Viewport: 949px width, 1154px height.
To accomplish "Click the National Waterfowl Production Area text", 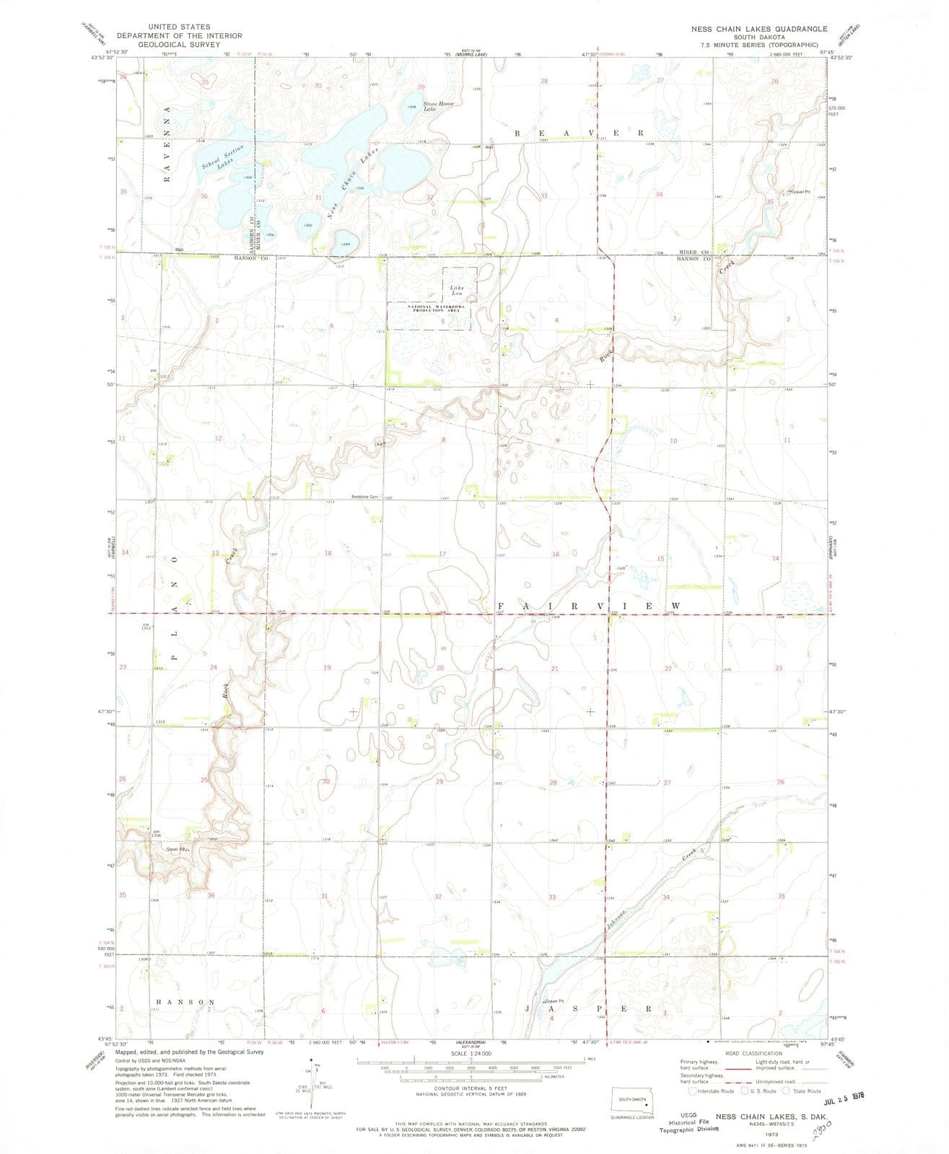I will [x=429, y=309].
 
